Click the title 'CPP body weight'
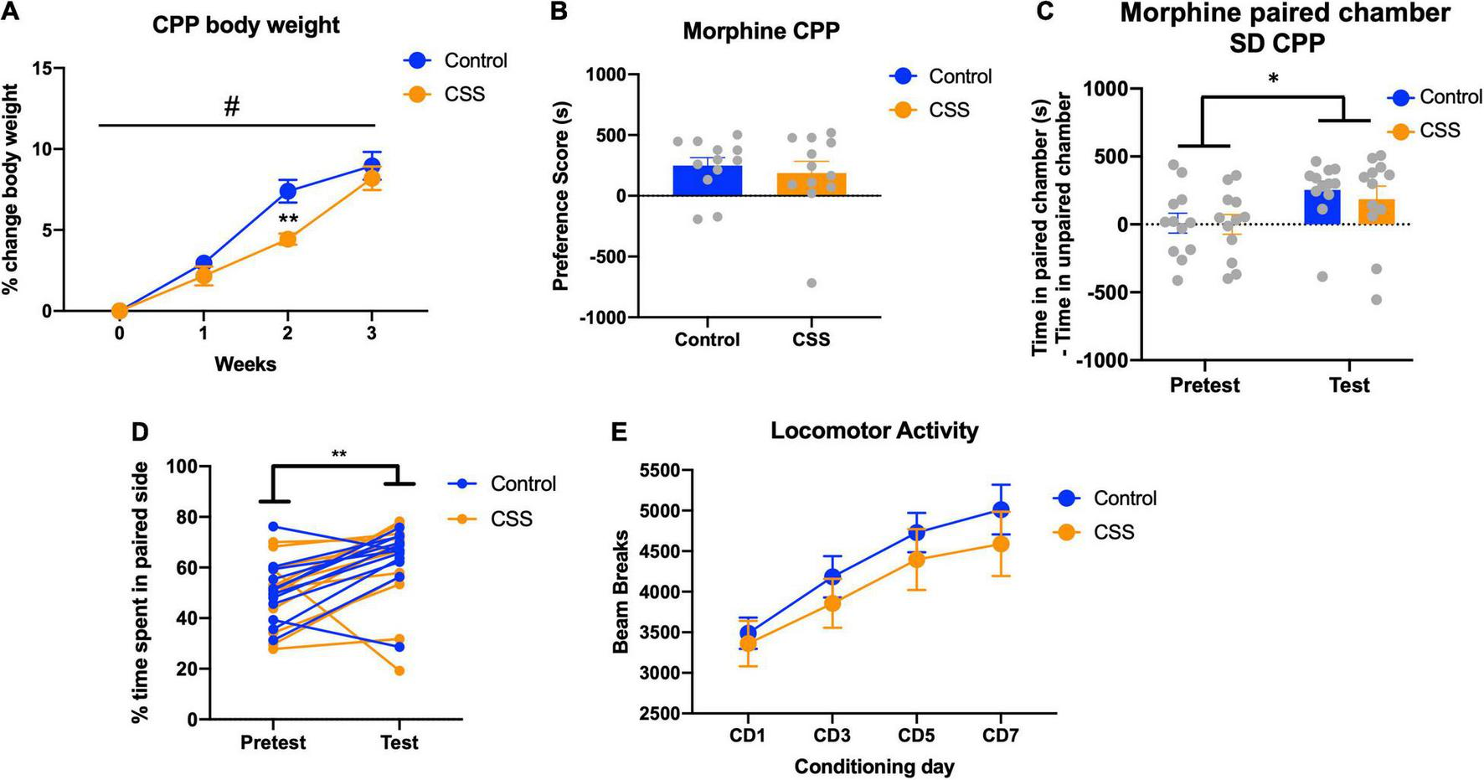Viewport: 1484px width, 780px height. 246,25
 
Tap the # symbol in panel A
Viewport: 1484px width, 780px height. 232,106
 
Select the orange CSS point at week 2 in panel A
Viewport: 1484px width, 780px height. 287,239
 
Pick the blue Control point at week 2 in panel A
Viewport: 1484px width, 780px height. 287,191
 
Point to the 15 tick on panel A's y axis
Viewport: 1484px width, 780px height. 42,69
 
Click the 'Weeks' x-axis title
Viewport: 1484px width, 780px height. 245,364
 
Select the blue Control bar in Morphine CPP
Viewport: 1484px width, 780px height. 708,181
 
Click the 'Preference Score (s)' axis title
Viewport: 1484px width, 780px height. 561,194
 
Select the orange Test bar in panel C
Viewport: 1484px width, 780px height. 1376,211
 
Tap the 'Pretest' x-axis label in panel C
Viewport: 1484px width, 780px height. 1204,385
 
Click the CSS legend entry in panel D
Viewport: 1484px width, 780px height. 511,519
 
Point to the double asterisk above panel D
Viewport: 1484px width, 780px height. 338,455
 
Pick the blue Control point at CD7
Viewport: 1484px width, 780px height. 1001,509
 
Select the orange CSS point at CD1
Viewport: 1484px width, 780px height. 749,643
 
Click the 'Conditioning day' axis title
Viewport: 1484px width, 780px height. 874,767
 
